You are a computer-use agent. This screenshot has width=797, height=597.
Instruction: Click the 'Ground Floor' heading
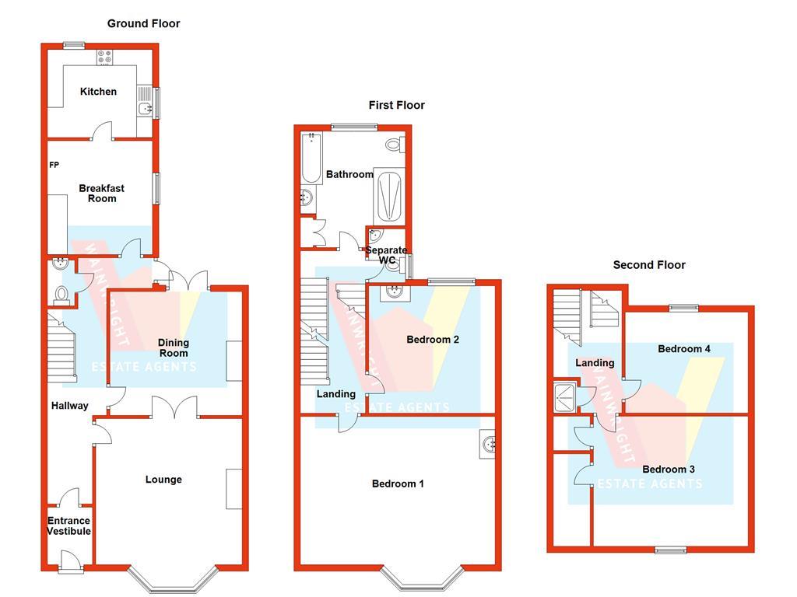coord(143,23)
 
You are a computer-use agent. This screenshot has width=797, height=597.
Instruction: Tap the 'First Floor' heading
coord(397,105)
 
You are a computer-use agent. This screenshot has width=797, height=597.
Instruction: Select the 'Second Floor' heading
coord(649,265)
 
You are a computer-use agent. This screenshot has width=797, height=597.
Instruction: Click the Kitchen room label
coord(98,92)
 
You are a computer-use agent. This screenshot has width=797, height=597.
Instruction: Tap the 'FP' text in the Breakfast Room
coord(54,165)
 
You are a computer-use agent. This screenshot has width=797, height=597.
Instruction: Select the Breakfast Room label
coord(101,193)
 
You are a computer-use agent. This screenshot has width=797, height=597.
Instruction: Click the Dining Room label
coord(174,347)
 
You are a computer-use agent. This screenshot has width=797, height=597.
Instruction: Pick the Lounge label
coord(163,480)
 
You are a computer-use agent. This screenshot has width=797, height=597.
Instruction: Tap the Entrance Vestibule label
coord(68,526)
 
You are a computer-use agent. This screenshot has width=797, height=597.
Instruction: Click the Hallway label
coord(70,406)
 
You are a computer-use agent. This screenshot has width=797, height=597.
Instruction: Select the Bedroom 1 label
coord(398,484)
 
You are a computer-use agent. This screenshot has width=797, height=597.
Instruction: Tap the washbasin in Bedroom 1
coord(490,445)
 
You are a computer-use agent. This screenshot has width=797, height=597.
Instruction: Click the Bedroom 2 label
coord(433,340)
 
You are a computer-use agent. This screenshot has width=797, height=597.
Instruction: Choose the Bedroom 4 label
coord(684,349)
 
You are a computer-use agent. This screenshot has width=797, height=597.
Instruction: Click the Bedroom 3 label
coord(669,469)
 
